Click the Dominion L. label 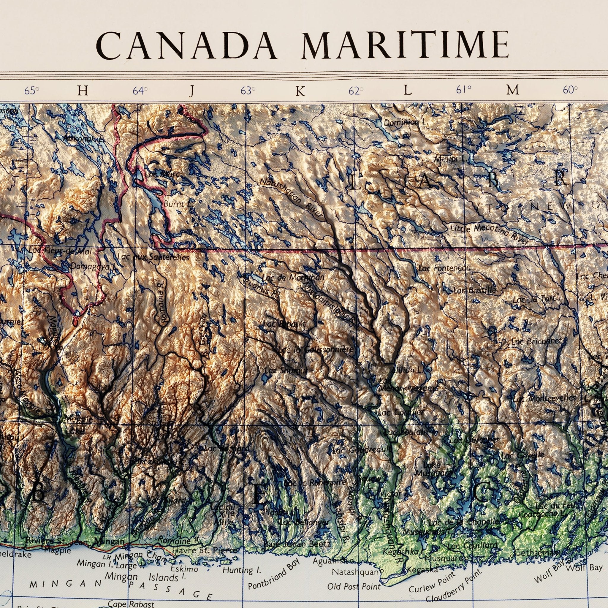[405, 122]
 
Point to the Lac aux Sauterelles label [153, 257]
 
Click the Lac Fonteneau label [444, 268]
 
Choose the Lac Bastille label [475, 290]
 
